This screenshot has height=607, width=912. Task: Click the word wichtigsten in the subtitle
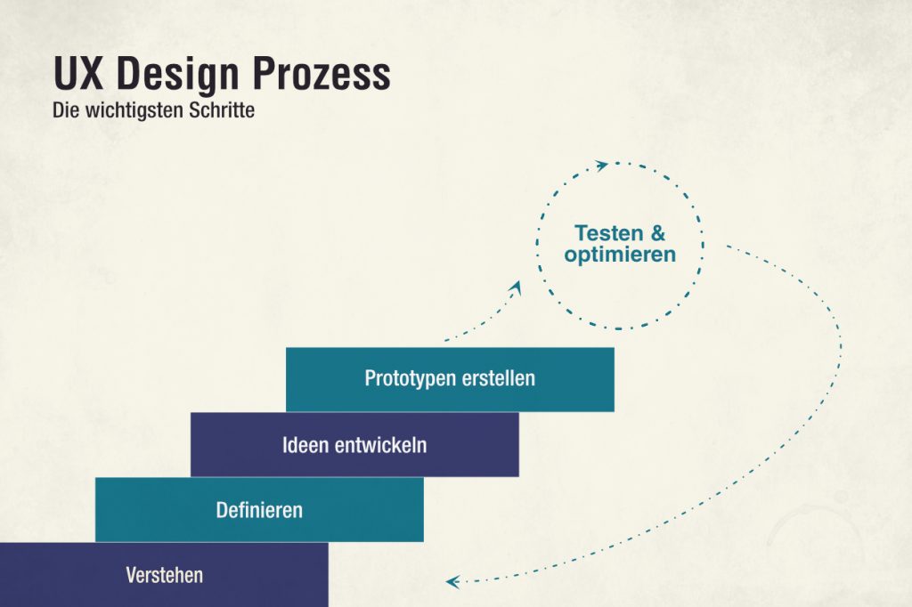coord(139,113)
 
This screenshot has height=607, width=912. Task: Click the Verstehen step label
coord(164,575)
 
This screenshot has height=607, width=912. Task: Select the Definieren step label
coord(259,510)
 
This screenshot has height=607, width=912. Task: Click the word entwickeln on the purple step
coord(380,445)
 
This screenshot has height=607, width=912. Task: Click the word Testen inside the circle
coord(608,234)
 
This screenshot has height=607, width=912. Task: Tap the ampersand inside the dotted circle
coord(657,234)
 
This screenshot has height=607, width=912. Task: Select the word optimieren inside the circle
coord(620,255)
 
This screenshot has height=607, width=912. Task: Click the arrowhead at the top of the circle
coord(602,165)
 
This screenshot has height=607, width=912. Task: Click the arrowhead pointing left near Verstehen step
coord(452,582)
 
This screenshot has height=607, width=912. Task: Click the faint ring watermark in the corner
coord(806,538)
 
